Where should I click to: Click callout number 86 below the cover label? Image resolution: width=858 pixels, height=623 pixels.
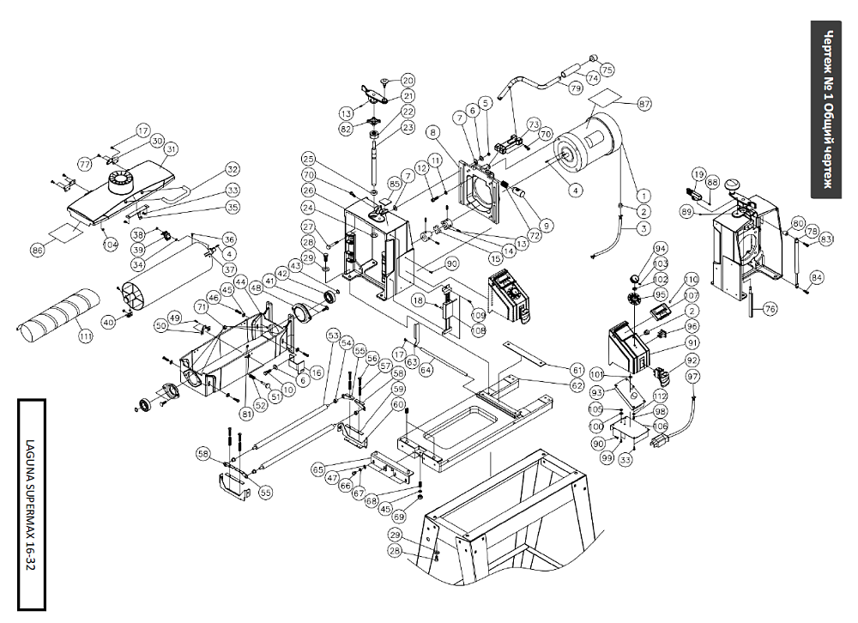click(37, 250)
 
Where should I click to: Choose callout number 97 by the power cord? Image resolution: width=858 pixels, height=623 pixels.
click(692, 377)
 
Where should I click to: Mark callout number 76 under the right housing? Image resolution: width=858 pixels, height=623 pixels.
click(770, 309)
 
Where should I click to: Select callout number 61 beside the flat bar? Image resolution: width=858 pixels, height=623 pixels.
click(577, 369)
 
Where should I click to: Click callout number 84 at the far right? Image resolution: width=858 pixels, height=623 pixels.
click(816, 276)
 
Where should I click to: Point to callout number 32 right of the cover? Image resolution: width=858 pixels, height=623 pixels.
click(232, 168)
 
